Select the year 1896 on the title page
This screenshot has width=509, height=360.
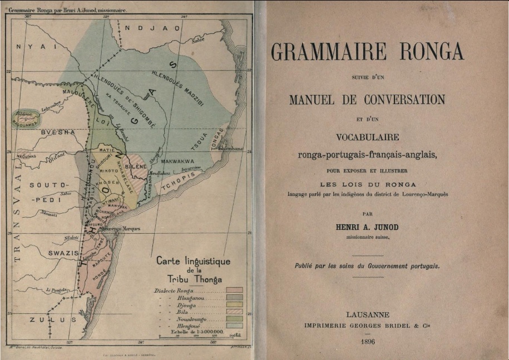tap(368, 341)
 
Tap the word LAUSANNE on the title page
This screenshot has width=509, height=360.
tap(368, 314)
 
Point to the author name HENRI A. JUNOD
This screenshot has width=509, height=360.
tap(368, 228)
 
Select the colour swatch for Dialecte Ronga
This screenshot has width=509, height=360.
tap(234, 290)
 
